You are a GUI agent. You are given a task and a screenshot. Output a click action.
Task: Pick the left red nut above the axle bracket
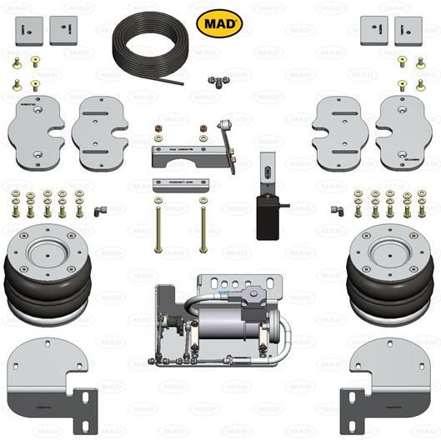tap(156, 130)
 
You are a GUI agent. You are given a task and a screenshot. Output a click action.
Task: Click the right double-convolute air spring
tap(389, 271)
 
